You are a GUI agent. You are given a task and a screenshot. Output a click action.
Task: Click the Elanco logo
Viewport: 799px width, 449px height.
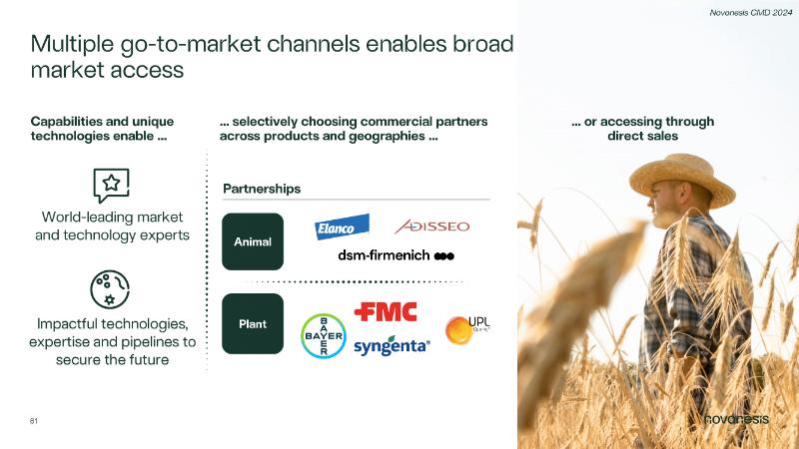point(342,226)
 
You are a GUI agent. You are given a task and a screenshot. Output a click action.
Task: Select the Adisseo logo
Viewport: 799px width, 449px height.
point(432,226)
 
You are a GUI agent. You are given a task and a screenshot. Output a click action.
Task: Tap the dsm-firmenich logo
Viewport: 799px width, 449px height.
point(396,255)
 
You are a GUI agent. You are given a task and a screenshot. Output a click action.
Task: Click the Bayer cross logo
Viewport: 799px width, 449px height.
point(324,336)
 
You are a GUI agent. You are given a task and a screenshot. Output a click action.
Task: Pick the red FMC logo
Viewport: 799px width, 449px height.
point(386,311)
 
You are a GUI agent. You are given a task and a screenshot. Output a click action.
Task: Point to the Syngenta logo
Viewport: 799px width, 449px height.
point(392,346)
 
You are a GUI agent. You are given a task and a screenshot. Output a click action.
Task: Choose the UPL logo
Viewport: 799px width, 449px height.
point(467,329)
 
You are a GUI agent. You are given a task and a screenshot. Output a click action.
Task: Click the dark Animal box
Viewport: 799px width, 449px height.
point(253,241)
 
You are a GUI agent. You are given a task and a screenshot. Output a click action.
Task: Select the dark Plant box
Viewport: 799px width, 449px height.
point(253,323)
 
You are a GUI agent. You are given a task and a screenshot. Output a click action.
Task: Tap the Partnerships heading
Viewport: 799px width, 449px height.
point(262,189)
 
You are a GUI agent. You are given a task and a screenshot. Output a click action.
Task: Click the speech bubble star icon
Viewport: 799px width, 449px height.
point(111,186)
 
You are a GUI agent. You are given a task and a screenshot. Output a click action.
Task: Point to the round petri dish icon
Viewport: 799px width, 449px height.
point(110,289)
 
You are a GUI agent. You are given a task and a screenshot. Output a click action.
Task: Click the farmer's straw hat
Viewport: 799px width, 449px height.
point(682,180)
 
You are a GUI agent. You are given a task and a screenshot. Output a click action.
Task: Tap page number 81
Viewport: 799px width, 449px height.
point(34,421)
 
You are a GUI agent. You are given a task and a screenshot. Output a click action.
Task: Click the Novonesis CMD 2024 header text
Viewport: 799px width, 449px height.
point(751,13)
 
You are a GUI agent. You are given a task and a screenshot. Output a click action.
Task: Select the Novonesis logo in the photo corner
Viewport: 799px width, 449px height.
point(736,419)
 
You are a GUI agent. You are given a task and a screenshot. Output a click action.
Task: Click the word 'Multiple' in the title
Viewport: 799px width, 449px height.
point(72,45)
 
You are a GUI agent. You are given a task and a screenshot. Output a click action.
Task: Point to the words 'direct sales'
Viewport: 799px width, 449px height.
point(642,136)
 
